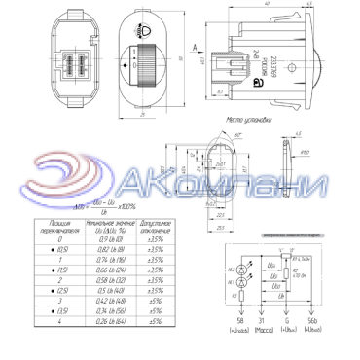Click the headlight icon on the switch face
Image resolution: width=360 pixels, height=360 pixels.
tap(147, 32)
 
